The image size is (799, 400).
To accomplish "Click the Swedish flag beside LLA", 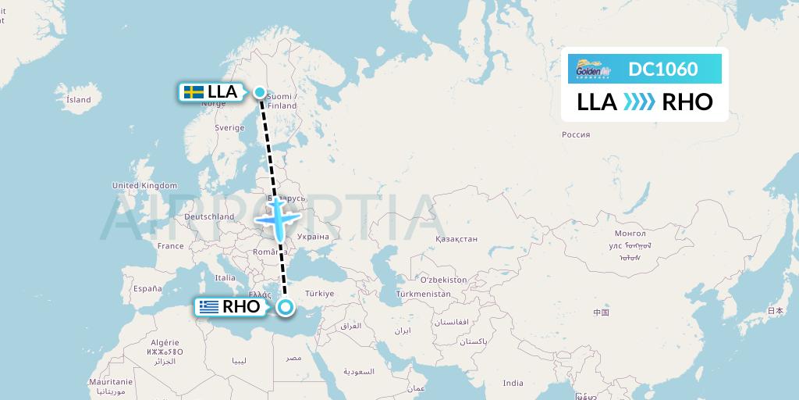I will point(194,92).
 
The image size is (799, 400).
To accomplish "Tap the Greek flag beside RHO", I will point(208,307).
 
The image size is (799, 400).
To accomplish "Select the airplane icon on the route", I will point(278,218).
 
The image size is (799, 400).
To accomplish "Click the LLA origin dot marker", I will point(260,91).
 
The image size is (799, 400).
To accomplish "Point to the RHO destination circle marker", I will point(285,307).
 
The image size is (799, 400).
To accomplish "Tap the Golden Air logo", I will point(592,70).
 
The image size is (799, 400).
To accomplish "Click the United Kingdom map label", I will point(145,185).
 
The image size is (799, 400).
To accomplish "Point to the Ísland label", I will point(79,100).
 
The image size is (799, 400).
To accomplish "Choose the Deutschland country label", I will point(209,216).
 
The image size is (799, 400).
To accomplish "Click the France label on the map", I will point(171,245).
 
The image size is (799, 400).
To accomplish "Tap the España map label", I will point(147,288).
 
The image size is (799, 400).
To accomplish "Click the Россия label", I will point(576,134).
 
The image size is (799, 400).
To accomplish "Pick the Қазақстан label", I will point(456,238).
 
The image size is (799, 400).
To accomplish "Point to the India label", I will point(513,383).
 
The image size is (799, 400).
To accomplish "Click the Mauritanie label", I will point(112,380).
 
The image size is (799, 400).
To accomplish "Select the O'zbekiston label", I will point(443,279).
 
